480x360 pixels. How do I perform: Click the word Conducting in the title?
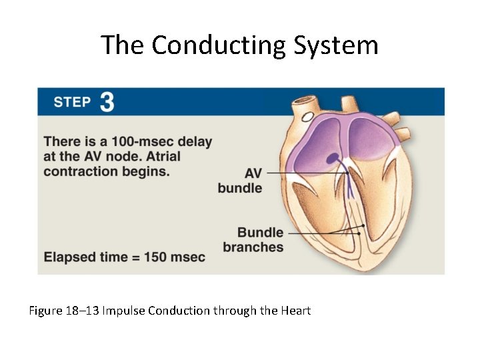[x=219, y=45]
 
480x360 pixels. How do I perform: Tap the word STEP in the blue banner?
[x=72, y=102]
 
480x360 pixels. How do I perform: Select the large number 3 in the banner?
[x=107, y=102]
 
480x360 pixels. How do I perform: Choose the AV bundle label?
[x=240, y=181]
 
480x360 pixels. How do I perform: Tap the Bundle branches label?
[x=253, y=240]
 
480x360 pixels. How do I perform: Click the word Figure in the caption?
[x=45, y=311]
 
